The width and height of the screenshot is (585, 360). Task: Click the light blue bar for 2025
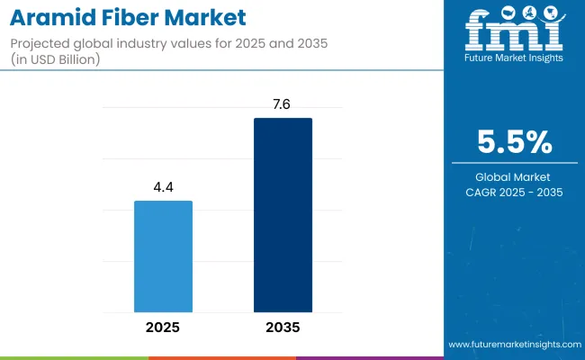tap(163, 256)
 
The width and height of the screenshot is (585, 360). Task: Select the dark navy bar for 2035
tap(283, 215)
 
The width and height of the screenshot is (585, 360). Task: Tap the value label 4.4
tap(163, 186)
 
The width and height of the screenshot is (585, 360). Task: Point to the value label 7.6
tap(283, 103)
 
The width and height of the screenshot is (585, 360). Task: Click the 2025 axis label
tap(163, 328)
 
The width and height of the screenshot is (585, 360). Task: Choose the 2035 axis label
tap(283, 328)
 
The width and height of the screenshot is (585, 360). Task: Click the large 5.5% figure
tap(514, 142)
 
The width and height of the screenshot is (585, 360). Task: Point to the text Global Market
tap(514, 176)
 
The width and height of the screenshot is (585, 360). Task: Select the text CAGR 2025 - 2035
tap(514, 192)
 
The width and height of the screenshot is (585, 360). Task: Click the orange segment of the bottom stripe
tap(221, 357)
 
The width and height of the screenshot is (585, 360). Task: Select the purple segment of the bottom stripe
tap(369, 357)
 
